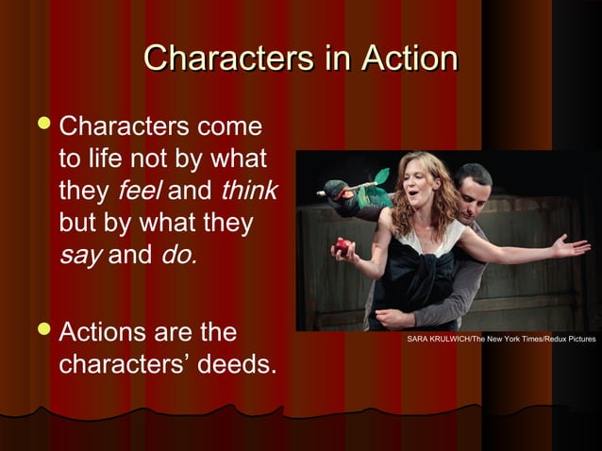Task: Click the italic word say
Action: point(80,255)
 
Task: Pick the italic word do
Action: point(178,255)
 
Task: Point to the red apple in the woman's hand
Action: point(343,246)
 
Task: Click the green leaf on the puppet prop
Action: point(380,176)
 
